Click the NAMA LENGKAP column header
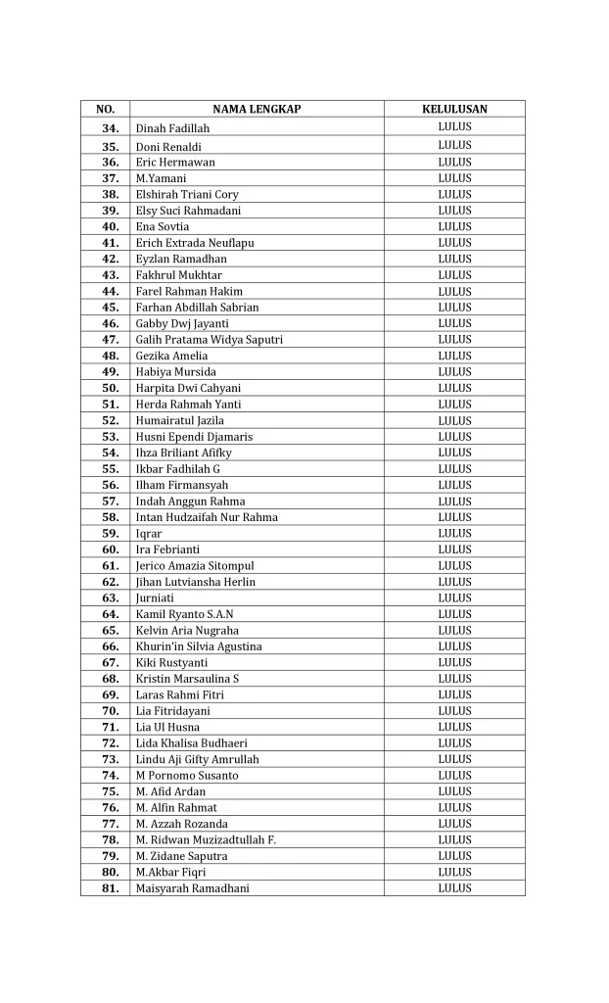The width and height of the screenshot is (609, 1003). coord(257,109)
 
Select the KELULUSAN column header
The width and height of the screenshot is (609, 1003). coord(454,109)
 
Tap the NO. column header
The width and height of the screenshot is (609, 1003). coord(106,109)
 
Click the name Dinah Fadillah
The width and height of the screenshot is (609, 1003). coord(172,128)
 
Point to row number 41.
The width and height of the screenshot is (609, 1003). coord(111,243)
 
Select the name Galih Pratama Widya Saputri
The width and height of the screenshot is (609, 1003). coord(210,340)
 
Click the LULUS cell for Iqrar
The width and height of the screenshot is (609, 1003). coord(454,534)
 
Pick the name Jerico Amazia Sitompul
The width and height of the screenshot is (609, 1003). coord(195,566)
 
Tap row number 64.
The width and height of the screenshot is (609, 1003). coord(111,614)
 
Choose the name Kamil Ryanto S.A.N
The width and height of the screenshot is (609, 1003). coord(184,614)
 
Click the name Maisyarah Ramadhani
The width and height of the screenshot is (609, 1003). coord(192,888)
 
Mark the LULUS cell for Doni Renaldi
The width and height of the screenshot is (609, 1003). coord(454,145)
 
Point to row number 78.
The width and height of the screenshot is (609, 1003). coord(111,840)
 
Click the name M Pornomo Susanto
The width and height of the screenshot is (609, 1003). coord(187,776)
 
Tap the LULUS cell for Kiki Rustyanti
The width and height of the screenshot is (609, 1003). coord(454,663)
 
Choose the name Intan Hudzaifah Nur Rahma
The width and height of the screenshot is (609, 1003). coord(207,517)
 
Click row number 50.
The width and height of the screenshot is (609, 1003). coord(111,388)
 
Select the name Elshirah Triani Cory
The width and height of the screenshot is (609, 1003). coord(187,195)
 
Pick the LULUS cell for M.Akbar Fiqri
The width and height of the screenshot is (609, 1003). coord(454,873)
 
